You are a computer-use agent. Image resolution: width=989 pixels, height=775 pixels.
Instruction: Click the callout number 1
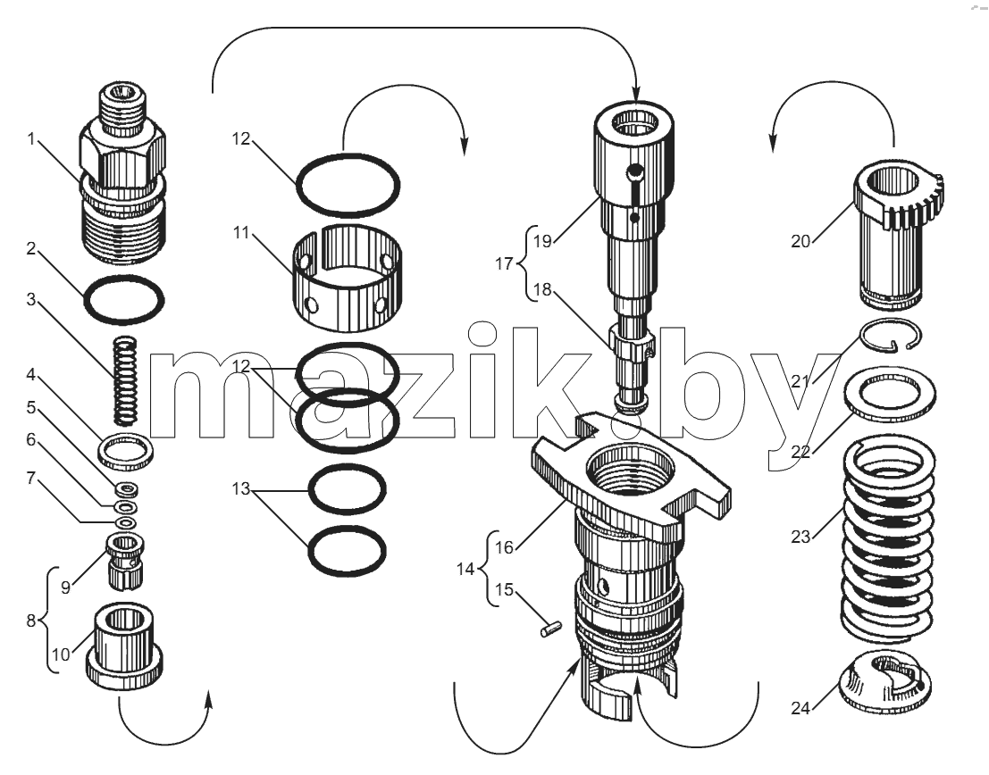tap(31, 138)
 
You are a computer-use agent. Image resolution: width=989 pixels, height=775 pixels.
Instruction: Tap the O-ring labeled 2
tap(123, 279)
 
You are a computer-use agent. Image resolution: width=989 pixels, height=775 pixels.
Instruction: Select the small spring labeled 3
tap(125, 381)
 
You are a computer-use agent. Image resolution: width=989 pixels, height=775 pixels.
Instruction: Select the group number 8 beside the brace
tap(31, 621)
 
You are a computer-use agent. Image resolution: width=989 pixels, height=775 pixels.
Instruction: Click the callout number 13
tap(241, 488)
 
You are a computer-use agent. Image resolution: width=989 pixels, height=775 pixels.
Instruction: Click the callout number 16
tap(504, 547)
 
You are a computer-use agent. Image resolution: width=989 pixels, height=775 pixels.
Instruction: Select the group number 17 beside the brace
tap(504, 263)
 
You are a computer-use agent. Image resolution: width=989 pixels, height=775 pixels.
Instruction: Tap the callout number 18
tap(541, 289)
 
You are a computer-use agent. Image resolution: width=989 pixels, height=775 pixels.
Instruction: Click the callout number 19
tap(541, 241)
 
